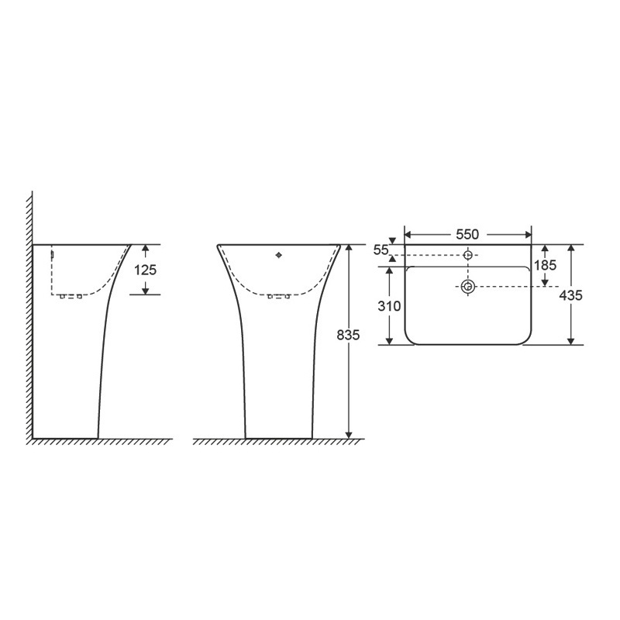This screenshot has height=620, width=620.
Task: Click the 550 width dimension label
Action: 467,235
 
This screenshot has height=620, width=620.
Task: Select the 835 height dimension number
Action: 348,336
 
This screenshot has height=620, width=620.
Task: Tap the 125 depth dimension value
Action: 145,270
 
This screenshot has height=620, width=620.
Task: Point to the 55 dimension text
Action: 381,250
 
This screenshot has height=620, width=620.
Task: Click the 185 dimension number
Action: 545,265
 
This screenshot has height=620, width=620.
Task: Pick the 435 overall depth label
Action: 570,295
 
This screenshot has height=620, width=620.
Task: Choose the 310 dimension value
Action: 389,306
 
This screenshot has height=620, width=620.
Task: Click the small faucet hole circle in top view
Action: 468,255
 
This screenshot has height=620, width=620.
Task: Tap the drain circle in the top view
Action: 468,287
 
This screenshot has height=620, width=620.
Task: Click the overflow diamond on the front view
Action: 279,256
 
